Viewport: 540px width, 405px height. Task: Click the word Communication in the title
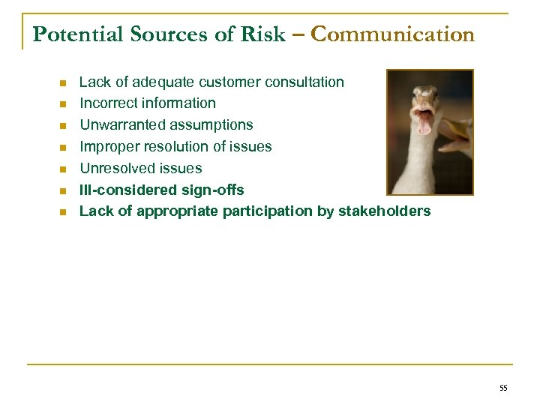pos(392,34)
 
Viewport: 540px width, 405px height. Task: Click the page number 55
pos(502,388)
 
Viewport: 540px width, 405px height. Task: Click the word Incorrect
pos(107,103)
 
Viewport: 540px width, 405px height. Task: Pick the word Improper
pos(109,146)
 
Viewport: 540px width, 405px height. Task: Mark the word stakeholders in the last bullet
pos(384,211)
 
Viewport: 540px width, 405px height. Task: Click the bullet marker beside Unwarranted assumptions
pos(63,125)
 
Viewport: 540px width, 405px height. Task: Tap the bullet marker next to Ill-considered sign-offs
pos(63,190)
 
